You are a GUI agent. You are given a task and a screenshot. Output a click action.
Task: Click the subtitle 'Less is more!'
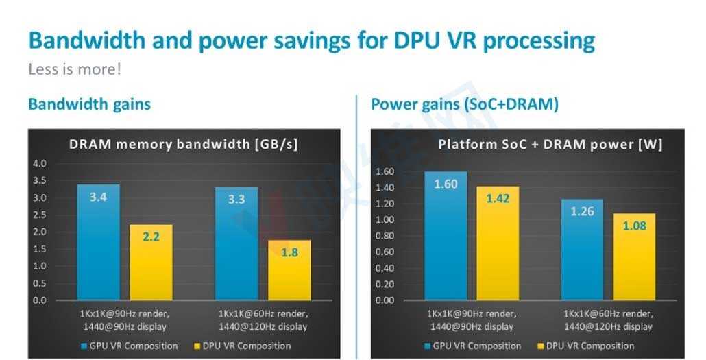click(x=75, y=69)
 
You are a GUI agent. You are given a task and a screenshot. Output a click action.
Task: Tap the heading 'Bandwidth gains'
click(x=89, y=104)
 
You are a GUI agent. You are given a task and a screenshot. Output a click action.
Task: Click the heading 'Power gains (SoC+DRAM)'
click(x=465, y=104)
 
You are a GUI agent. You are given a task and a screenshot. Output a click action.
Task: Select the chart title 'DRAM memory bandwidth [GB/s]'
click(x=183, y=144)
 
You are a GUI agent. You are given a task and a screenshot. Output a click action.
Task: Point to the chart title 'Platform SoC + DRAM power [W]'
click(x=550, y=144)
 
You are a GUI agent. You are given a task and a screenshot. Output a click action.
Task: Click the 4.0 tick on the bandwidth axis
click(x=39, y=164)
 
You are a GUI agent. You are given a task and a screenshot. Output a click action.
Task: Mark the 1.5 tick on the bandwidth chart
click(x=39, y=249)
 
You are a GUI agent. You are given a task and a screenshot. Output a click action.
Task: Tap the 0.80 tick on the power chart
click(x=385, y=236)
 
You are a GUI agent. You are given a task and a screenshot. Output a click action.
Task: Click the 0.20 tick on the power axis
click(x=385, y=285)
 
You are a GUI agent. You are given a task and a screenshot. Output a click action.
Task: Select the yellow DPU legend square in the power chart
click(x=539, y=346)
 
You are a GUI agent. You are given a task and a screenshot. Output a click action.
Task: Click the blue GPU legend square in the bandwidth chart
click(x=84, y=346)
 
